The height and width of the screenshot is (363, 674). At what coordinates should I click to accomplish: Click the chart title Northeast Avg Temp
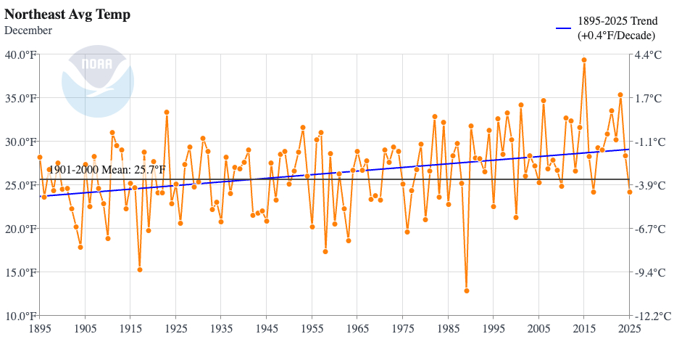(x=67, y=15)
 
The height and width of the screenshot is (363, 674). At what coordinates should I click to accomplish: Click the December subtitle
(x=28, y=30)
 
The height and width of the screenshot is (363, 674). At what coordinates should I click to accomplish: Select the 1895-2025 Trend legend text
(x=617, y=28)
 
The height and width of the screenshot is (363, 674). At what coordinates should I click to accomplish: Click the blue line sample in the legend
(x=565, y=28)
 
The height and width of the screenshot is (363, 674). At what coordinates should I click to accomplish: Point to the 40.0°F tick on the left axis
(x=20, y=54)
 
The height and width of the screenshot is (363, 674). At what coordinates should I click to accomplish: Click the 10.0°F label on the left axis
(x=20, y=316)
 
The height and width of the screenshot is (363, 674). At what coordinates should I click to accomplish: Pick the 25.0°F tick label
(x=20, y=185)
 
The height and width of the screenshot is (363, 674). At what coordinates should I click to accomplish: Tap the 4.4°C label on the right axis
(x=648, y=54)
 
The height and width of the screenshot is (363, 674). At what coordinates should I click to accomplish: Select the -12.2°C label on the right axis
(x=651, y=316)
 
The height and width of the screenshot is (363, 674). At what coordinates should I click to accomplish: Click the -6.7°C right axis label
(x=649, y=229)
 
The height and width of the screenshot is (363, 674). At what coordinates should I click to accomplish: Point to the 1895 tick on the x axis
(x=40, y=329)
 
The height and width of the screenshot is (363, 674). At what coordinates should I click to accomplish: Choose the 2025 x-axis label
(x=629, y=329)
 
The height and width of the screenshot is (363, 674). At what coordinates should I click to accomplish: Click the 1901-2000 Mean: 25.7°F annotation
(x=107, y=170)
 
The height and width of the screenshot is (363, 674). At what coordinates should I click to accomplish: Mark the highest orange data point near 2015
(x=584, y=60)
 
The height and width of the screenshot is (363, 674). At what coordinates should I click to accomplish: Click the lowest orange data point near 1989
(x=467, y=290)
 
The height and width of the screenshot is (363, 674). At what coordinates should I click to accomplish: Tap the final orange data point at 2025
(x=630, y=192)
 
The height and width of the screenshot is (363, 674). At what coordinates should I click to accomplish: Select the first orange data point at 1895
(x=40, y=157)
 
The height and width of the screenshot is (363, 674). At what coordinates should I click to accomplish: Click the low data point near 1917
(x=140, y=269)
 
